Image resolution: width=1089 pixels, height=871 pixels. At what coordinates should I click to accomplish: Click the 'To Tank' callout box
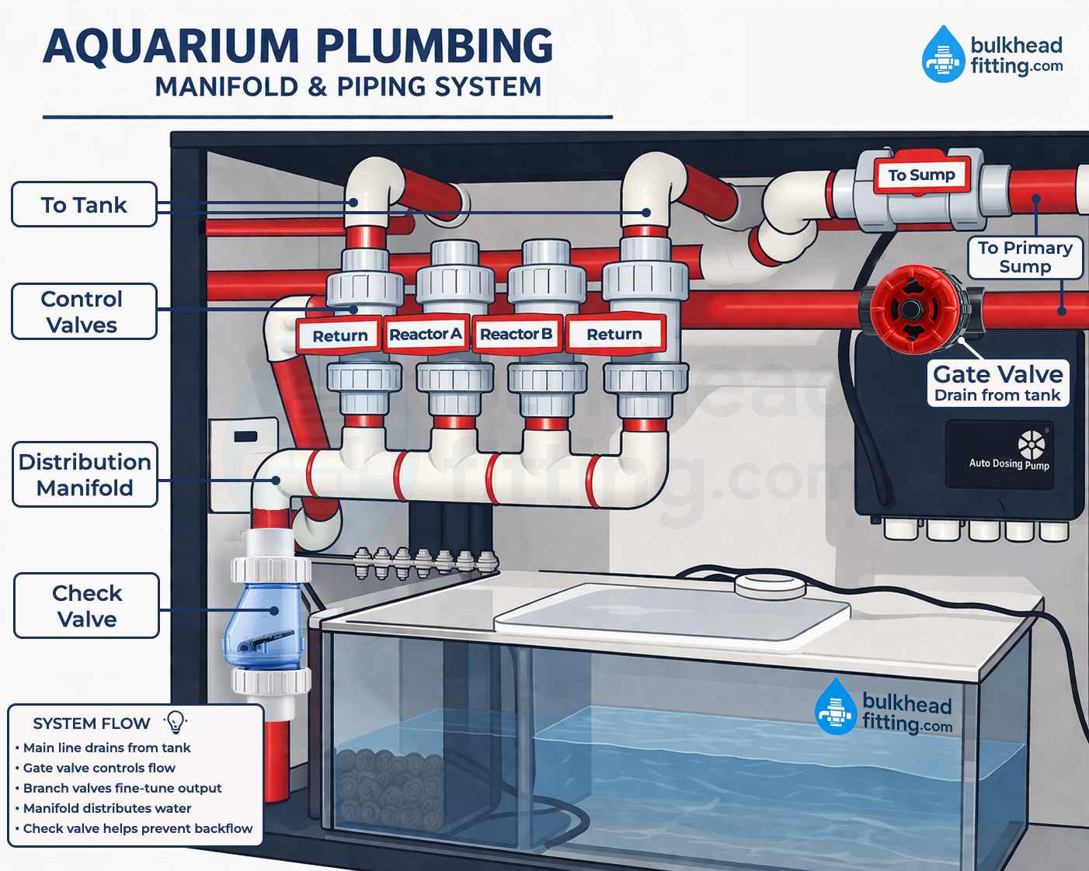(84, 204)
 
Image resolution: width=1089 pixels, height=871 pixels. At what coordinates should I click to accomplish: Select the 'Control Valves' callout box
(84, 311)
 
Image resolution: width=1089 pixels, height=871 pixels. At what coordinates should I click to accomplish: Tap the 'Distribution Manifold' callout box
(85, 474)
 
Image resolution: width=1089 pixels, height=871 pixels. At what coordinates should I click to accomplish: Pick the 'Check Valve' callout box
(86, 606)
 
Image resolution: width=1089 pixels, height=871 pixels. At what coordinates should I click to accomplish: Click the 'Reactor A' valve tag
(426, 335)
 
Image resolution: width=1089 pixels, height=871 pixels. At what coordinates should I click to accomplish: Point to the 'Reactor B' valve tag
(517, 335)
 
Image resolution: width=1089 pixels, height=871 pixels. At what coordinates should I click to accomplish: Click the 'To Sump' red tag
(921, 175)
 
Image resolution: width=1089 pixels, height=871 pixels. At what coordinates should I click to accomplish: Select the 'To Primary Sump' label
(1025, 257)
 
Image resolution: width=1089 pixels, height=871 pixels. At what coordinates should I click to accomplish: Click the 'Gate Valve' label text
(997, 374)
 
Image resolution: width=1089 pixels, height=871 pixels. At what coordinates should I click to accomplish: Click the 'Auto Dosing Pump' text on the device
(1008, 463)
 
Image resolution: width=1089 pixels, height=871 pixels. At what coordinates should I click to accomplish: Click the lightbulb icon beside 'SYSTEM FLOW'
(176, 722)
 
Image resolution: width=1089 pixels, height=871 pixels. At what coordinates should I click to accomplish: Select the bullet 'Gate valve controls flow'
(99, 768)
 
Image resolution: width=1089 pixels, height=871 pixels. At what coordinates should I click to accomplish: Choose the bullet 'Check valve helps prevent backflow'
(137, 828)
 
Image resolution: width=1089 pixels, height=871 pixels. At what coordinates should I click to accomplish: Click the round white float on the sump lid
(768, 585)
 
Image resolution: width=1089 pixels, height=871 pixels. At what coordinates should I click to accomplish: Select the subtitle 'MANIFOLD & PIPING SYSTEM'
(348, 87)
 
